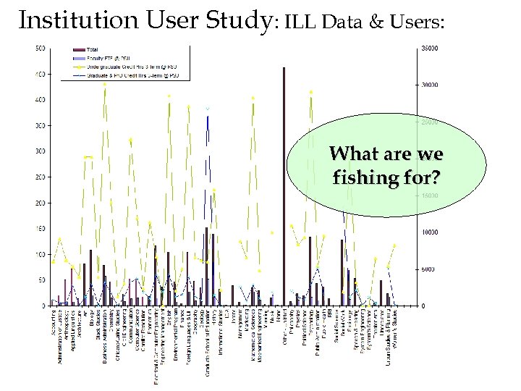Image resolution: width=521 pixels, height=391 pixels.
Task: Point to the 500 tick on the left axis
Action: pos(41,49)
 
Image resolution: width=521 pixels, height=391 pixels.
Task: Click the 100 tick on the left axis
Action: pos(41,255)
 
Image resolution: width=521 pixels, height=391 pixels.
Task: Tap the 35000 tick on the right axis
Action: pos(430,49)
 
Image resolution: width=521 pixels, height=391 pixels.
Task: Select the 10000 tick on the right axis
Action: pos(430,232)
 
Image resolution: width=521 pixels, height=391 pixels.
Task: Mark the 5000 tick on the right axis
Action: pos(428,269)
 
